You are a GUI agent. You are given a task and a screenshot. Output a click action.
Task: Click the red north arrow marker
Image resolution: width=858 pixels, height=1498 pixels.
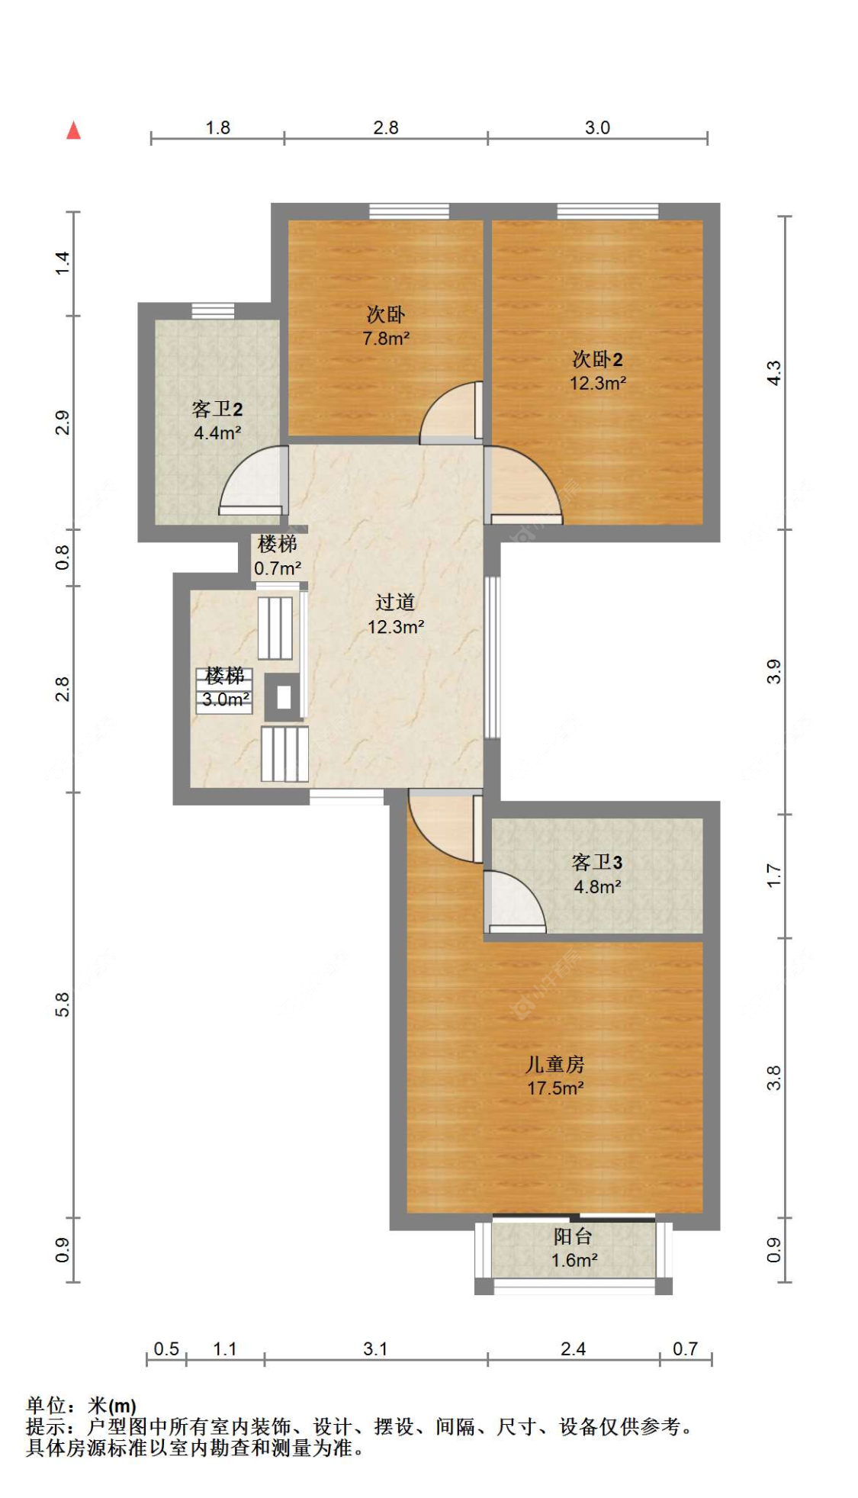click(x=73, y=130)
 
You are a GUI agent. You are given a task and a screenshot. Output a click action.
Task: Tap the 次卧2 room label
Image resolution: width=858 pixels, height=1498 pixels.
click(x=597, y=359)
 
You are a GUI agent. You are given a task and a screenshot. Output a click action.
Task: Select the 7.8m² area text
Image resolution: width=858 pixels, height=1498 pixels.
click(x=386, y=338)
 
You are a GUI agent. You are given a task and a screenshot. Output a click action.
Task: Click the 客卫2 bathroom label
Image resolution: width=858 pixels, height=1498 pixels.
click(x=217, y=410)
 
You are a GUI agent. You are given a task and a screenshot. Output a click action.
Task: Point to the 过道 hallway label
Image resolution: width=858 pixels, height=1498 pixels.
click(x=395, y=603)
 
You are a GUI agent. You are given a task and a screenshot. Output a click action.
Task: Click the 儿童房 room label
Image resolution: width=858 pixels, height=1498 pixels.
click(x=555, y=1064)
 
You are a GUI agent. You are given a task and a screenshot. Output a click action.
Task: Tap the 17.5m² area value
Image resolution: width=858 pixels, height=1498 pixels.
click(x=555, y=1088)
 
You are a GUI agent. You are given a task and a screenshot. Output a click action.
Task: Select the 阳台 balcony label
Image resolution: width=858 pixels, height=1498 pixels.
click(x=573, y=1236)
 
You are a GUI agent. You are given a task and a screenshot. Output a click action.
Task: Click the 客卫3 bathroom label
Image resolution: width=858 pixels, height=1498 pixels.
click(x=597, y=863)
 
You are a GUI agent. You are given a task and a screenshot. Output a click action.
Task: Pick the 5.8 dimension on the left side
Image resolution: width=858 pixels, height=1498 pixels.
click(x=63, y=1005)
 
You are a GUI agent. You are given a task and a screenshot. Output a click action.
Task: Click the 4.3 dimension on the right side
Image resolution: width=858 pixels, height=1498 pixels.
click(x=773, y=373)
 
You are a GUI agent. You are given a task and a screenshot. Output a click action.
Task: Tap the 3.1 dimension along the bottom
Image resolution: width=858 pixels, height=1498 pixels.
click(x=375, y=1349)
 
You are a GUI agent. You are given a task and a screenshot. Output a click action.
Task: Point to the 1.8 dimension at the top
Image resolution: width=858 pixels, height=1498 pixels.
click(x=217, y=127)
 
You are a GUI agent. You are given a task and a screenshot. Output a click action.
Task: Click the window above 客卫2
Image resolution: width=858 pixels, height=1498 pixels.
click(x=213, y=310)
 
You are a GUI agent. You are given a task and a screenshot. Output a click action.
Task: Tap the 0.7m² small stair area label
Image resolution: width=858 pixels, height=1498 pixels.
click(x=278, y=568)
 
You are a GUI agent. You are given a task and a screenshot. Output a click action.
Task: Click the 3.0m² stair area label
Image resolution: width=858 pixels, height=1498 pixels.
click(x=226, y=699)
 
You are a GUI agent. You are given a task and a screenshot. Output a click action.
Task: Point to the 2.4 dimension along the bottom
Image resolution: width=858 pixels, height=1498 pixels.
click(x=573, y=1349)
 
